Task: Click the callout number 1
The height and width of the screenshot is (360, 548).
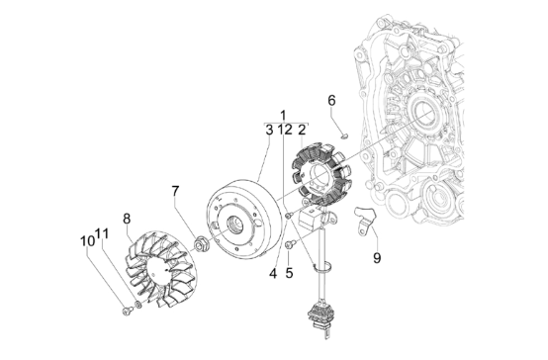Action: (x=283, y=115)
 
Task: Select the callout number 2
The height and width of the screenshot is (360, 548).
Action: (x=302, y=130)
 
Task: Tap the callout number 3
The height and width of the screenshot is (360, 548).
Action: (x=269, y=130)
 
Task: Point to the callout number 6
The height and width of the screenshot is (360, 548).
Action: (x=331, y=100)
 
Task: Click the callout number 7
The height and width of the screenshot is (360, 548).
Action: (x=175, y=191)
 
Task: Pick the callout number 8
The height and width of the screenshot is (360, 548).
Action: (x=127, y=219)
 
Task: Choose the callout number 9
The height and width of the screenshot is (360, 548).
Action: (x=377, y=258)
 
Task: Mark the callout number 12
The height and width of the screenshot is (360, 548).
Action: (x=285, y=130)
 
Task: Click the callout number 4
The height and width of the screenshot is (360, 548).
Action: (x=273, y=273)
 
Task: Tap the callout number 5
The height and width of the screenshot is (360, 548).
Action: (x=289, y=273)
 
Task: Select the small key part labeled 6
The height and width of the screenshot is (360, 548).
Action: (x=344, y=135)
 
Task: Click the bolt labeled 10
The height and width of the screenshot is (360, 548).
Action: (x=128, y=310)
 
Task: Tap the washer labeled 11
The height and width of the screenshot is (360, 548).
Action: (x=138, y=305)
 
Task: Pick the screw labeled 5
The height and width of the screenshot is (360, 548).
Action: (x=291, y=244)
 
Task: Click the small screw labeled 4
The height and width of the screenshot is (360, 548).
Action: (x=288, y=217)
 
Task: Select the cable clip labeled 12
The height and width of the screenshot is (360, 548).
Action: (x=322, y=267)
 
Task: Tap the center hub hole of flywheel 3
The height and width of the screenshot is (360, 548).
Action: (x=233, y=224)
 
